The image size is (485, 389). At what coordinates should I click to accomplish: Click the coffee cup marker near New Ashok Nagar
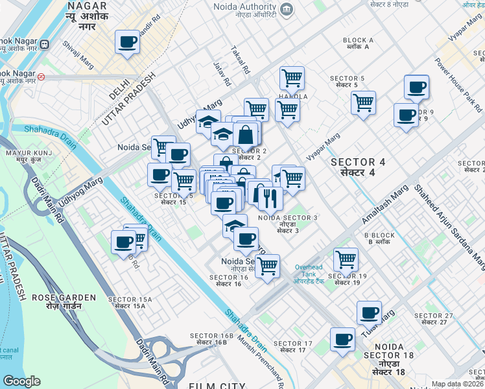[x=127, y=43]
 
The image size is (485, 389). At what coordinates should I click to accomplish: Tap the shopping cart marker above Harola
[x=292, y=78]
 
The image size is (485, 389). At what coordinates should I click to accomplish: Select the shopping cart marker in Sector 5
[x=363, y=102]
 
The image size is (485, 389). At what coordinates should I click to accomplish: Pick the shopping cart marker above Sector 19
[x=346, y=259]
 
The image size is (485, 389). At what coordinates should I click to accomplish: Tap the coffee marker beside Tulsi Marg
[x=369, y=313]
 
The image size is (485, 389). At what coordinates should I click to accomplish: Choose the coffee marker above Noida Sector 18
[x=342, y=339]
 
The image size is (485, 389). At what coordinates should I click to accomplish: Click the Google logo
[x=21, y=381]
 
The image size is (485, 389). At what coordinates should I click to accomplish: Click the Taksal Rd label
[x=246, y=62]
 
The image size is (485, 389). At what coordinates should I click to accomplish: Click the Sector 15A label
[x=130, y=301]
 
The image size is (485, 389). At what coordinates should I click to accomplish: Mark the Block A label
[x=359, y=43]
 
